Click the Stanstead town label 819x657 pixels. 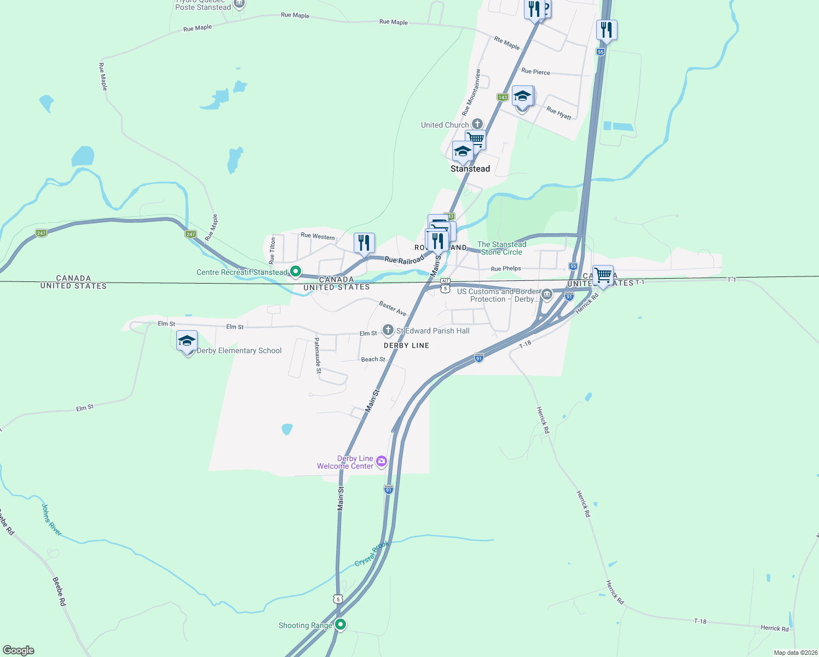(470, 169)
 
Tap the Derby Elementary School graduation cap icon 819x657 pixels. (187, 341)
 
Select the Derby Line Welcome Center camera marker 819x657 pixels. (382, 462)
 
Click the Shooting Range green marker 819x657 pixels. (341, 624)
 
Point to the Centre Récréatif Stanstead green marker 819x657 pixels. (296, 271)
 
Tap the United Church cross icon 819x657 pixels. (477, 124)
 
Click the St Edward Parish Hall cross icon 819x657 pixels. (388, 330)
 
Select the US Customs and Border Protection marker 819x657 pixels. (546, 295)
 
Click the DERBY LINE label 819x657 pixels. (406, 345)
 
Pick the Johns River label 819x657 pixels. (52, 520)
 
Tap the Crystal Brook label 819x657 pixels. (372, 554)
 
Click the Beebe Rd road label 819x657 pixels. (59, 591)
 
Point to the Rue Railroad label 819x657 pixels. (404, 261)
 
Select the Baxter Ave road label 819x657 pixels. (393, 308)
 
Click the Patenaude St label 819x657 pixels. (318, 355)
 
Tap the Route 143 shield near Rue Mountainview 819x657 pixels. (503, 97)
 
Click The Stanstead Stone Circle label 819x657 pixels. (501, 248)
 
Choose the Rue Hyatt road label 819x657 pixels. (559, 113)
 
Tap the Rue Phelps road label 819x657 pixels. (506, 269)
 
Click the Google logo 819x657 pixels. (19, 650)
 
